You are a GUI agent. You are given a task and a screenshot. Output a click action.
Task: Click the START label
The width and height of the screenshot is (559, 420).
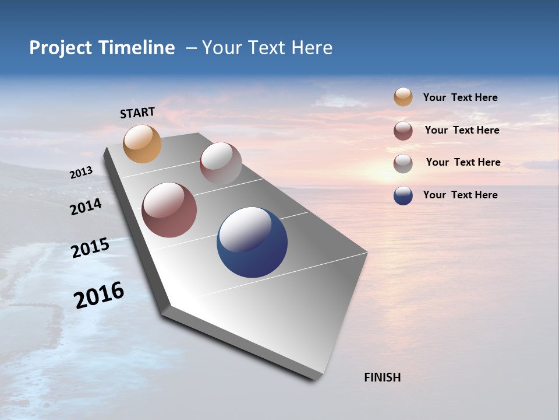coord(137,113)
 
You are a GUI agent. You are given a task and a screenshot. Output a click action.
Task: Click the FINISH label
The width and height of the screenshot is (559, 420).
coord(382,377)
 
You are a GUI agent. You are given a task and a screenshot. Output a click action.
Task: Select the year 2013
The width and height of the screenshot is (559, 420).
coord(81,173)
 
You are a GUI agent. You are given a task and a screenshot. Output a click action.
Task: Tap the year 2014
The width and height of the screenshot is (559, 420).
coord(86,206)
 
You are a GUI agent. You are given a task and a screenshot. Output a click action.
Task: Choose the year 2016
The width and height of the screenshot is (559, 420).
coord(99,295)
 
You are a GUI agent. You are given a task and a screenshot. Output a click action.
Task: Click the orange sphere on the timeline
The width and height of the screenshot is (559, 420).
coord(142,143)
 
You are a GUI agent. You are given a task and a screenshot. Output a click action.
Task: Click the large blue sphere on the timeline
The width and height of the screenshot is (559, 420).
coord(252,242)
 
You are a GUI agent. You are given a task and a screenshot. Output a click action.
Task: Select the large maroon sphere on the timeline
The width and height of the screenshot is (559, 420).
coord(169,210)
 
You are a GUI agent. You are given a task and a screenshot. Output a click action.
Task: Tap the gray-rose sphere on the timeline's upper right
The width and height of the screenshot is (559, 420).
coord(221,163)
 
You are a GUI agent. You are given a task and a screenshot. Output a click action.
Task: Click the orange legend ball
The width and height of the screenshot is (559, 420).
coord(403,97)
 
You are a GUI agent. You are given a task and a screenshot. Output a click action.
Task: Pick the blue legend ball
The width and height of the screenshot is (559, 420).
coord(403,195)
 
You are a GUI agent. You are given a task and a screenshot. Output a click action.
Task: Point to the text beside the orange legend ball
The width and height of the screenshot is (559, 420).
coord(460,97)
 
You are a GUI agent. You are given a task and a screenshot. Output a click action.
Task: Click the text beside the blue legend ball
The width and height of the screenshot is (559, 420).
coord(460,195)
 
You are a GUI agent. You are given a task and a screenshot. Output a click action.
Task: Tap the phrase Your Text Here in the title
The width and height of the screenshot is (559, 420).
coord(267,48)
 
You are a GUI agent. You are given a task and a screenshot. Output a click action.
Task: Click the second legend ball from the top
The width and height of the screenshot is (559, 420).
coord(403,131)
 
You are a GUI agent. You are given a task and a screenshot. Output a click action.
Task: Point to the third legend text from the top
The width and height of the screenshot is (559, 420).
coord(463,162)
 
